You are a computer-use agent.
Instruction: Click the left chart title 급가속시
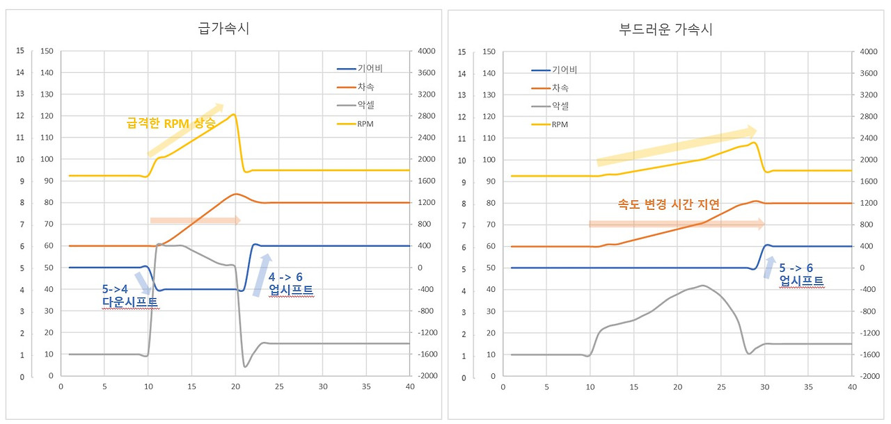click(x=223, y=29)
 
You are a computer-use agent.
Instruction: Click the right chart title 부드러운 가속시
click(x=665, y=29)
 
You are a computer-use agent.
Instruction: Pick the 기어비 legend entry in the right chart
click(x=554, y=70)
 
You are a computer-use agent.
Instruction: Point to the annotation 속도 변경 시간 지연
click(x=668, y=204)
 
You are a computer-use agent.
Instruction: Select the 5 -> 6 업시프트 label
click(x=801, y=275)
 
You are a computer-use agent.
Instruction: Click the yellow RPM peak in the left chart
click(x=234, y=115)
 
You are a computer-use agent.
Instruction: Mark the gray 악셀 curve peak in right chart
click(x=703, y=286)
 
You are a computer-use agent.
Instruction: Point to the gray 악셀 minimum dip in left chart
click(x=245, y=366)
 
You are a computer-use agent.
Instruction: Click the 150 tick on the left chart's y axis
click(x=47, y=51)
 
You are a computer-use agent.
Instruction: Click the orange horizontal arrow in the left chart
click(x=195, y=220)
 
